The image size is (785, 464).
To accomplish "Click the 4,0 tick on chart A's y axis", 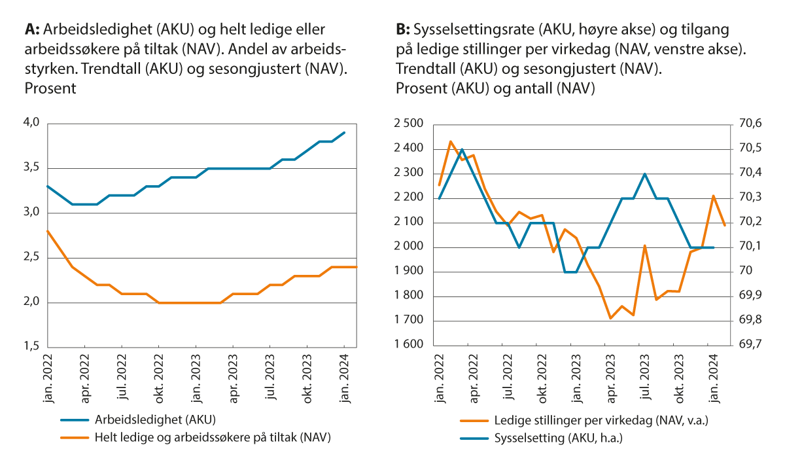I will pyautogui.click(x=32, y=123).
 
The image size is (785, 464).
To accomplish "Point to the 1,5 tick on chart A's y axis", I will pyautogui.click(x=32, y=347).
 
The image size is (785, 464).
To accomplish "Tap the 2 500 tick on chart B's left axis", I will pyautogui.click(x=409, y=124).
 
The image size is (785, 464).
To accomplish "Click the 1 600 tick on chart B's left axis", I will pyautogui.click(x=409, y=346).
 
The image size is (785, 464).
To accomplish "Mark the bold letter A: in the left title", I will pyautogui.click(x=33, y=30).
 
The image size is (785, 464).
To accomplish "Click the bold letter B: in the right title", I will pyautogui.click(x=403, y=30).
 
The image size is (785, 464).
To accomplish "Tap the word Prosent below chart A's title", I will pyautogui.click(x=50, y=88).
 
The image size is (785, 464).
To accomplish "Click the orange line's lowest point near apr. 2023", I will pyautogui.click(x=610, y=318).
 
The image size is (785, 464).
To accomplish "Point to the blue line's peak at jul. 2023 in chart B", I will pyautogui.click(x=645, y=174).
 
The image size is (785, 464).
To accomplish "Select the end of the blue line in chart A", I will pyautogui.click(x=345, y=132).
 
